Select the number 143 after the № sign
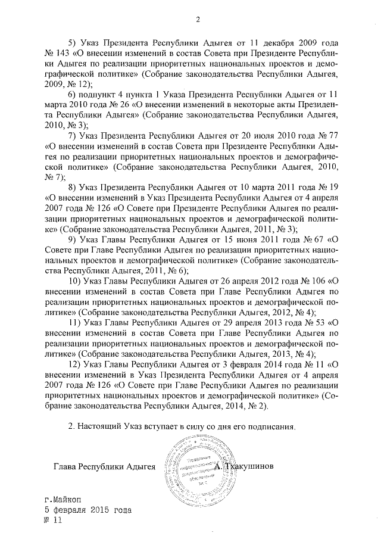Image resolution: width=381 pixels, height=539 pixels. [66, 55]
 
